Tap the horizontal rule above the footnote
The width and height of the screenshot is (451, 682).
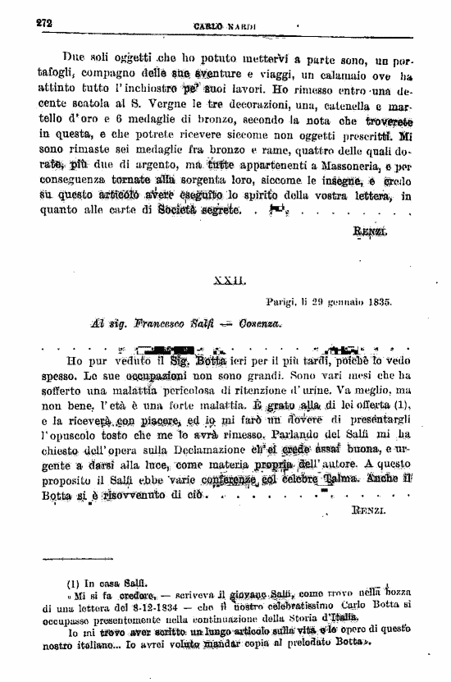(x=89, y=562)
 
